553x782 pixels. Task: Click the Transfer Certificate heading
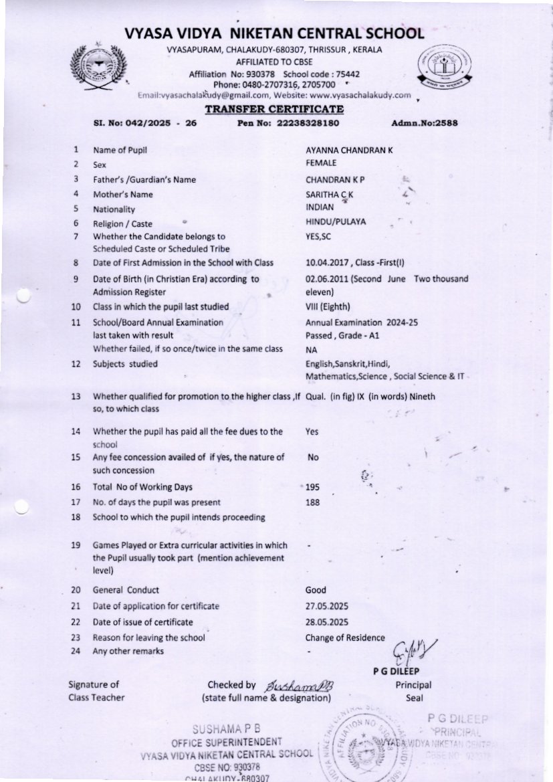click(274, 109)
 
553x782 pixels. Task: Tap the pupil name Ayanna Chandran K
click(349, 151)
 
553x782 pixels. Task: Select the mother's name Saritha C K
click(329, 194)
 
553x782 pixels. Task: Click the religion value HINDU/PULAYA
click(336, 222)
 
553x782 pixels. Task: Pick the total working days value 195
click(312, 487)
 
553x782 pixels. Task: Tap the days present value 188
click(312, 502)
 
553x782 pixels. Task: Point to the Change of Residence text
click(345, 638)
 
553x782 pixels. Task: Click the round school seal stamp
click(367, 745)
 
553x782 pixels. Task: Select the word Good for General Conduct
click(316, 590)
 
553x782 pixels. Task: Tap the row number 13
click(76, 397)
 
